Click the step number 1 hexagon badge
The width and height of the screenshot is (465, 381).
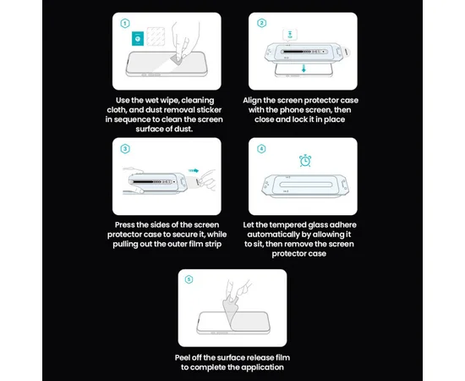(125, 24)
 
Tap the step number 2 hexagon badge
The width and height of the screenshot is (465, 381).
(261, 23)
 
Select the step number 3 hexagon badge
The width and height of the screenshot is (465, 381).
(125, 149)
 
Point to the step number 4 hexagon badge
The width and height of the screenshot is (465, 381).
(261, 149)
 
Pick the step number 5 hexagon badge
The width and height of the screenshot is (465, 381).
(189, 279)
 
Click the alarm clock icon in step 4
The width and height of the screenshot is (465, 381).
(305, 161)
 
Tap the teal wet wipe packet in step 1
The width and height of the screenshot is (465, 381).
(138, 39)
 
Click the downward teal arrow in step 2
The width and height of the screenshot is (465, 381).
(304, 69)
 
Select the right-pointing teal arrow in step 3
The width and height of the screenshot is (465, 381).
(194, 171)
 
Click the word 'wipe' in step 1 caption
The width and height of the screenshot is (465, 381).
(169, 101)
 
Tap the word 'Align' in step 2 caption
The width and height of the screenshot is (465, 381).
(252, 101)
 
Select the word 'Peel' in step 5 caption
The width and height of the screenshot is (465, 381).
(183, 357)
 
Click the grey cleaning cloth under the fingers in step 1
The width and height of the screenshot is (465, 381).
(177, 60)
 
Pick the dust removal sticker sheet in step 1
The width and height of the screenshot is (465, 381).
(156, 36)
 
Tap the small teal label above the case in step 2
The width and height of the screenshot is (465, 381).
(290, 35)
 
